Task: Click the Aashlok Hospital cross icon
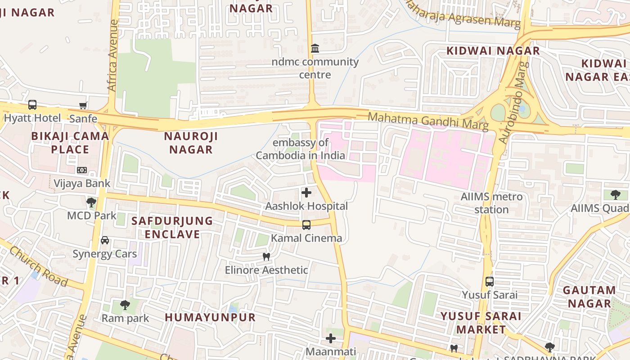point(306,193)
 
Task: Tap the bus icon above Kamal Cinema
point(306,225)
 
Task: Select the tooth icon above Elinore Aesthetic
point(266,257)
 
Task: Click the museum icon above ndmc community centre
point(315,48)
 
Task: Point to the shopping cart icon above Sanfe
point(83,106)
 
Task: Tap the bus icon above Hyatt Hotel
point(32,105)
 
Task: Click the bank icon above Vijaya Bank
point(81,170)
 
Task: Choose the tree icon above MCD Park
point(91,202)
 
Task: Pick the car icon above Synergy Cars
point(105,240)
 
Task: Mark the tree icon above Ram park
point(125,305)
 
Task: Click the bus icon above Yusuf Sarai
point(490,282)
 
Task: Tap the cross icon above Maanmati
point(331,338)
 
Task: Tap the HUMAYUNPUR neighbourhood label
point(210,317)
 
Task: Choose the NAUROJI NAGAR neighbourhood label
point(191,143)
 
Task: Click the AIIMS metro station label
point(491,203)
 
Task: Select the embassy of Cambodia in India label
point(301,149)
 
